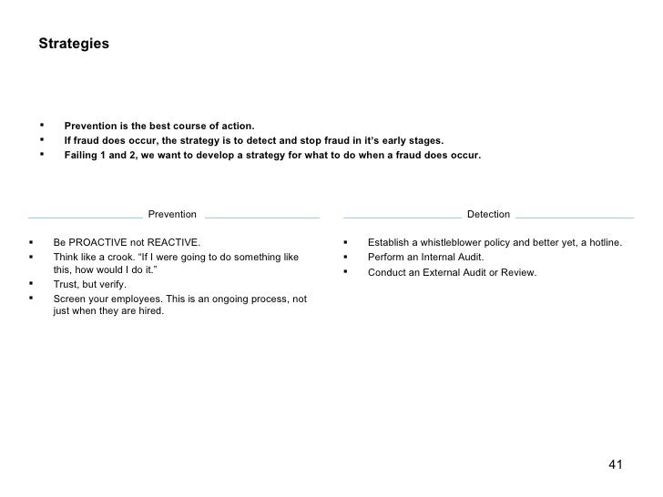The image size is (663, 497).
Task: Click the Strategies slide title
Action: click(74, 44)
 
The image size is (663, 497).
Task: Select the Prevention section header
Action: click(171, 214)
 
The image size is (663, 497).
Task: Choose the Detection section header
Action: click(488, 214)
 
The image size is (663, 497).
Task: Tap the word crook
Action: click(123, 257)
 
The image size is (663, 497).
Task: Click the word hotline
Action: click(603, 243)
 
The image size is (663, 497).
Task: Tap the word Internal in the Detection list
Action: click(436, 258)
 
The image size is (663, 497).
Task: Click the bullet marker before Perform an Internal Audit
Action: click(346, 257)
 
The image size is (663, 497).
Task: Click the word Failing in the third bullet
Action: click(81, 155)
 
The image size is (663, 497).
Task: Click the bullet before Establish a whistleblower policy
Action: click(346, 242)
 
